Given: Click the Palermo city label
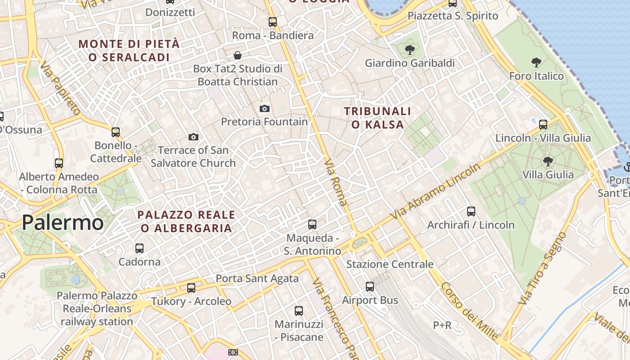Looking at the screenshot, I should click(x=63, y=223).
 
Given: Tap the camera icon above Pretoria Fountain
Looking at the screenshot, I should click(x=265, y=108).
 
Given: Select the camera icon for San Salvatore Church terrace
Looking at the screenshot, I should click(x=193, y=137).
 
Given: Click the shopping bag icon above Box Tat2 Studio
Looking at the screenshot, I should click(x=237, y=55).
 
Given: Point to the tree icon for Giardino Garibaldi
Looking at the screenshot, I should click(x=409, y=49).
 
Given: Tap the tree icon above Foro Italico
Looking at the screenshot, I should click(x=536, y=62).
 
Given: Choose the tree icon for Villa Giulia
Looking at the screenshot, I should click(x=548, y=161).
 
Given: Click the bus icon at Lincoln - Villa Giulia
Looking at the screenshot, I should click(x=543, y=124).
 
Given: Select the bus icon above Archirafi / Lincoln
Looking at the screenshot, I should click(x=471, y=211).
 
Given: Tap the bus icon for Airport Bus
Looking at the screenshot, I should click(x=370, y=286).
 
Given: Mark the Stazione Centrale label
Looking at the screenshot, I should click(x=390, y=264).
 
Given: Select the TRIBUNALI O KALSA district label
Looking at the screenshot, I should click(x=378, y=118).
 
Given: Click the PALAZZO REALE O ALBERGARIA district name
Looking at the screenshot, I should click(x=186, y=221).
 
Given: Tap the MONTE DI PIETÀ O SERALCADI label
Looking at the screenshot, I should click(x=129, y=50).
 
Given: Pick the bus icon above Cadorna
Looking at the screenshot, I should click(x=139, y=248).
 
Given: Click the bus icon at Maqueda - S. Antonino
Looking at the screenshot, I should click(x=312, y=224).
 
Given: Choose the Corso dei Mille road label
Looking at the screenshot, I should click(x=469, y=311).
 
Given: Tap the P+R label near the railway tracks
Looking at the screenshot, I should click(x=442, y=325).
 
